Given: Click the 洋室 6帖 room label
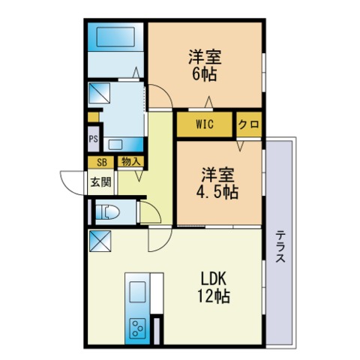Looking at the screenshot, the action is point(205,65).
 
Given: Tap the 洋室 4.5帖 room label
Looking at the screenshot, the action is point(217,183).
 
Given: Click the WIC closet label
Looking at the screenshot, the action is point(205,124).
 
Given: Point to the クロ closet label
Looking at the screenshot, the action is point(249,124).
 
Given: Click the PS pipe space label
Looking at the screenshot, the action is point(94,139).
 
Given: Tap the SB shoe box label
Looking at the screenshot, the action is point(101,163).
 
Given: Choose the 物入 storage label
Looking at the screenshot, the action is point(130,162).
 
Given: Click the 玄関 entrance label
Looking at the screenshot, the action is point(100,182).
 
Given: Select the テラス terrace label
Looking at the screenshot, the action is point(280,246).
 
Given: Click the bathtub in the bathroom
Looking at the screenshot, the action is point(115,37).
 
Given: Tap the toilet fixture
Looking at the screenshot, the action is point(108,212).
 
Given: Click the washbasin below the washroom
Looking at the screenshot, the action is point(115,145).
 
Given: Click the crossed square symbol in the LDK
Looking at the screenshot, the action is point(100,241).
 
